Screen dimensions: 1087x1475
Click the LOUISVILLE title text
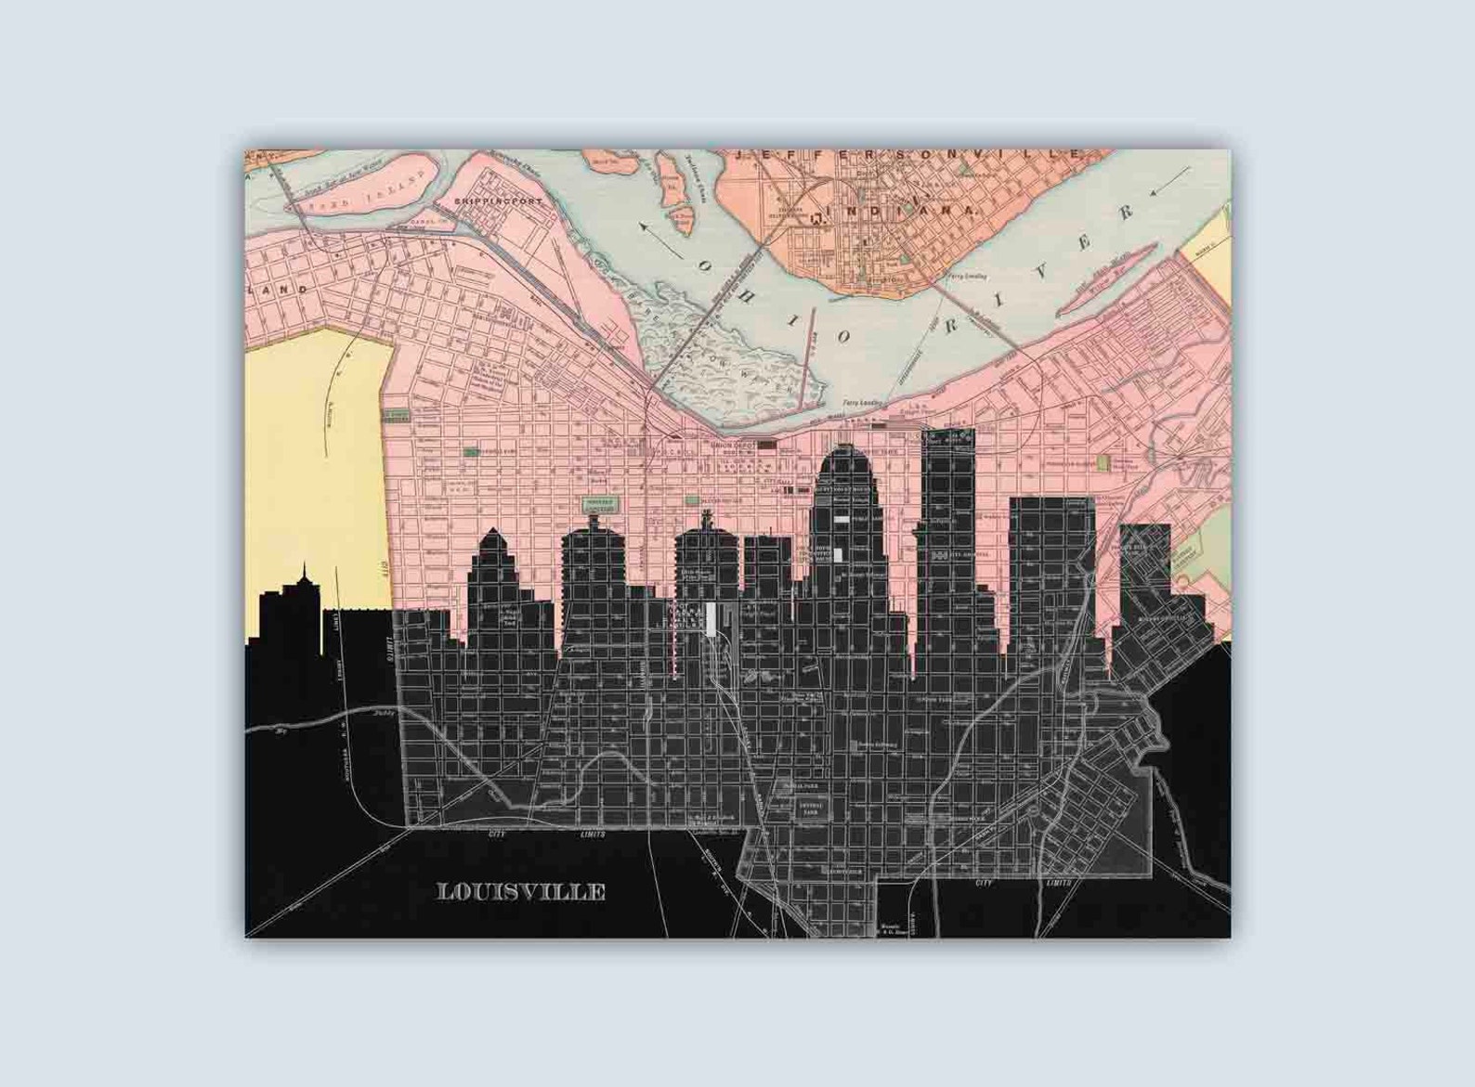pyautogui.click(x=521, y=892)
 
